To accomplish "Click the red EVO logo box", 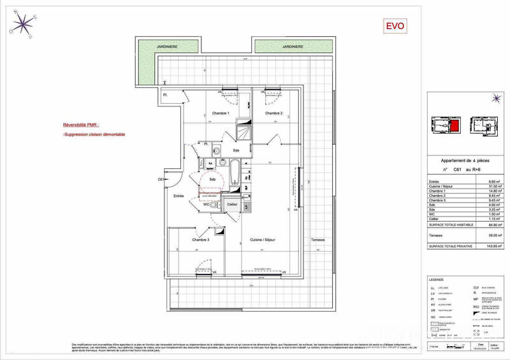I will [393, 26].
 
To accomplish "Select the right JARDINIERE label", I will [294, 47].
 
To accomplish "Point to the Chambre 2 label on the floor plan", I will [274, 113].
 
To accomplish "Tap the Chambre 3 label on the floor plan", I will [201, 240].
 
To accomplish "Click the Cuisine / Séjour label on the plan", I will [266, 240].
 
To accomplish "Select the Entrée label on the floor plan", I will [178, 196].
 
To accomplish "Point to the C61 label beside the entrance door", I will [161, 180].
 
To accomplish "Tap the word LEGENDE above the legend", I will [438, 280].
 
